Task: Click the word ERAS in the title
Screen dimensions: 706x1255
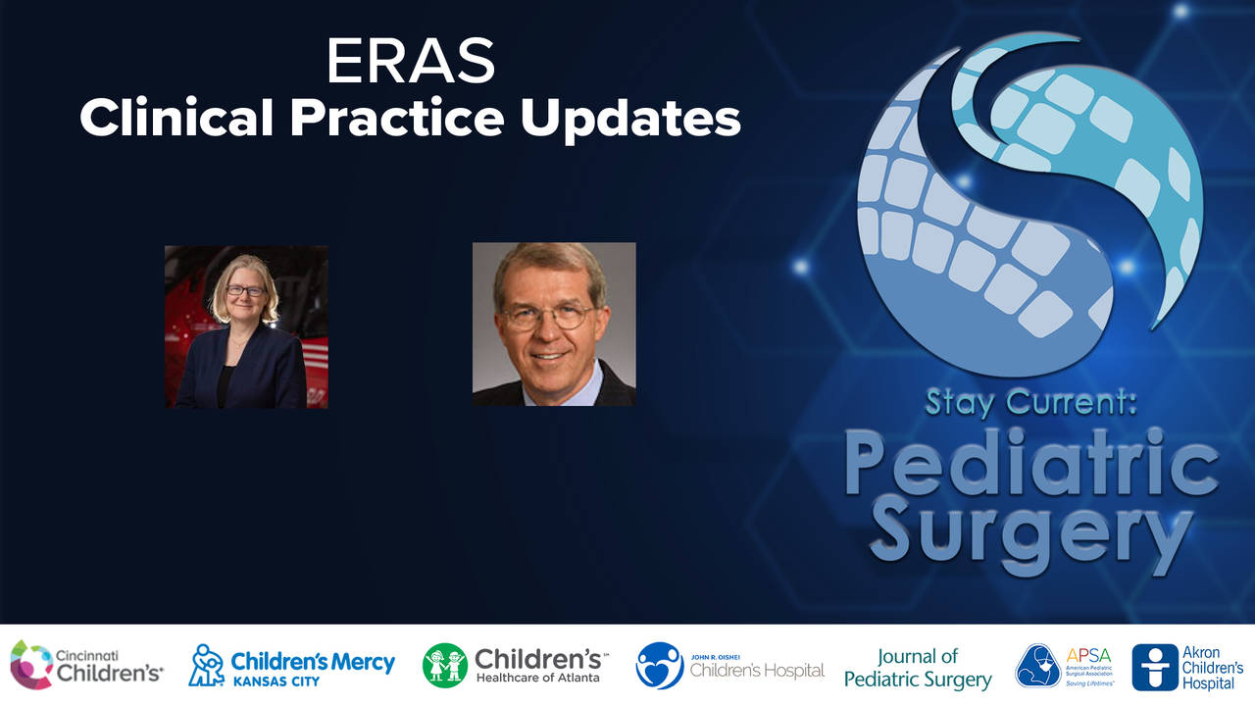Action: (x=411, y=63)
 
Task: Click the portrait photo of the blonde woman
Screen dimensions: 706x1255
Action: (x=246, y=327)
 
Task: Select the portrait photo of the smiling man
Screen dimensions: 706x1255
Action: (x=554, y=325)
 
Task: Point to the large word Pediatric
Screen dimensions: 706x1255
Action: (x=1030, y=469)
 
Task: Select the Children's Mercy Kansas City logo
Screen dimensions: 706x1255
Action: (x=291, y=665)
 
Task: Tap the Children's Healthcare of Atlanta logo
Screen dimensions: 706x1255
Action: (x=515, y=665)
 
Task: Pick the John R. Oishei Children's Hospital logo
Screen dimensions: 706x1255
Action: (x=729, y=666)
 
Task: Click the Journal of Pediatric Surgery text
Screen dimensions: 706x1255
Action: (x=918, y=667)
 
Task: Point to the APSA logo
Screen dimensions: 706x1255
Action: (x=1067, y=666)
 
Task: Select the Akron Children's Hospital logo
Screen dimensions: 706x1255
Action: (x=1187, y=667)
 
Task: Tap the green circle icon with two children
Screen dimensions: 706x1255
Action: (x=445, y=665)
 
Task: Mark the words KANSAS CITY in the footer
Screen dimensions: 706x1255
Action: (x=276, y=681)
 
